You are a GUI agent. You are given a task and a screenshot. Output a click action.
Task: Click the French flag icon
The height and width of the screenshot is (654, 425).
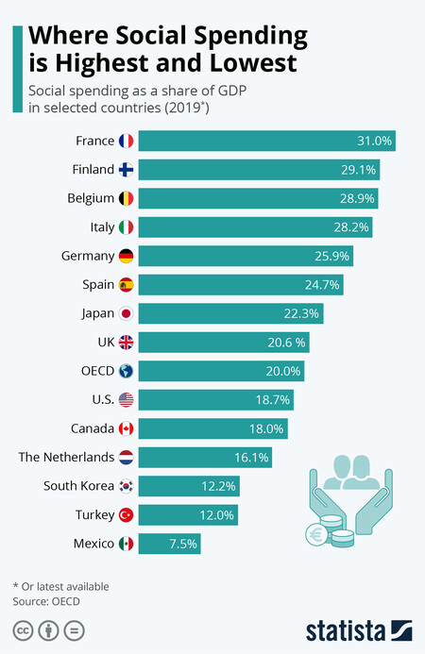tap(127, 142)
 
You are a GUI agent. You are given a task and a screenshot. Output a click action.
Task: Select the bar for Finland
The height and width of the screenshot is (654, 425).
tap(264, 170)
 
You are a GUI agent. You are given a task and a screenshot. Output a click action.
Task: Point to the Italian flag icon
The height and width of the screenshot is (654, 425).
tap(127, 227)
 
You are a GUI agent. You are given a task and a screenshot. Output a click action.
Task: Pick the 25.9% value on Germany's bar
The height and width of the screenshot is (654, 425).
tap(331, 256)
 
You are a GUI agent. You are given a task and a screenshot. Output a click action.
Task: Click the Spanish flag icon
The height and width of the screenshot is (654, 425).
tap(127, 285)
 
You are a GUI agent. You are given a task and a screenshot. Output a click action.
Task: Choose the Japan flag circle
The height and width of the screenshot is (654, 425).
tap(127, 313)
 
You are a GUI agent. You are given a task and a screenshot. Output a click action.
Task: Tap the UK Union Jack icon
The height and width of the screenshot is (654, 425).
tap(127, 343)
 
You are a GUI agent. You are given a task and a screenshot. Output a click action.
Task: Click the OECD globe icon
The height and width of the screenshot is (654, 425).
tap(127, 371)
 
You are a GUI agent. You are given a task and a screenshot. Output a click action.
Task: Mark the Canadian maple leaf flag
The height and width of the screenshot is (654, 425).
tap(127, 428)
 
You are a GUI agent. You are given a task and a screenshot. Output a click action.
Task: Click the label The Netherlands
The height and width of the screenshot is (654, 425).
tap(66, 458)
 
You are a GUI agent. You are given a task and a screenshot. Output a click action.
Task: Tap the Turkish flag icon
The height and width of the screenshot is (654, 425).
tap(127, 515)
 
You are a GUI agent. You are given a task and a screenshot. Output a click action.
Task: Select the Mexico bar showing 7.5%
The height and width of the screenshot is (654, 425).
tap(175, 544)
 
